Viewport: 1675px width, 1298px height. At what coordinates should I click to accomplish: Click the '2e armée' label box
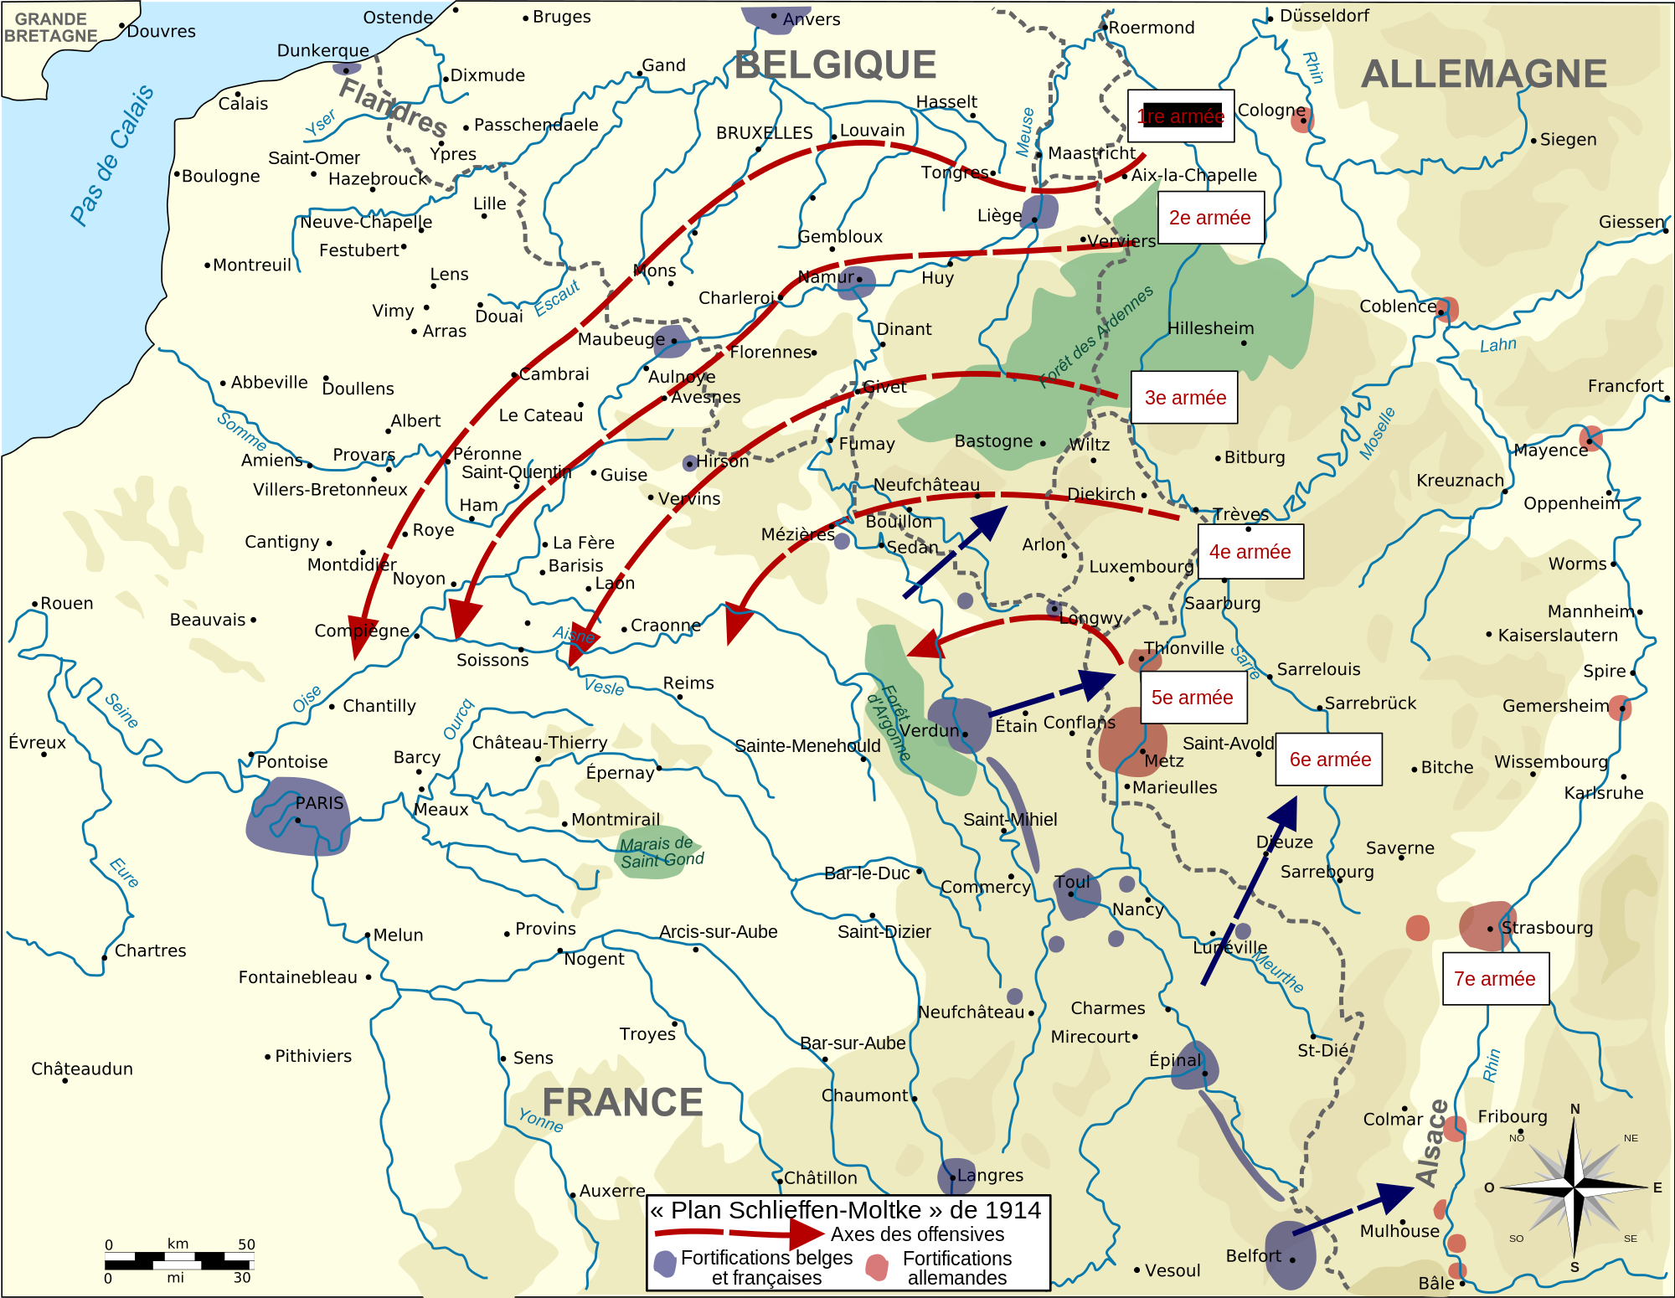coord(1210,218)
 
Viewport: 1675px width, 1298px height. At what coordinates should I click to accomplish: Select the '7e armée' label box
coord(1495,979)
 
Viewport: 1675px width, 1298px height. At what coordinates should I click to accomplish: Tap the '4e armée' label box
coord(1250,552)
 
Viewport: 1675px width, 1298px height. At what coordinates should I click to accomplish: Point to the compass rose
coord(1574,1187)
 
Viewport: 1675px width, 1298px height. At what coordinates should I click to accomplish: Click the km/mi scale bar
coord(178,1260)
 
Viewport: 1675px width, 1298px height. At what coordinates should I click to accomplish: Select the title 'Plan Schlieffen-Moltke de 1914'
coord(846,1210)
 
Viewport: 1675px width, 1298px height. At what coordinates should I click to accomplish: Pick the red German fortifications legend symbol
coord(877,1267)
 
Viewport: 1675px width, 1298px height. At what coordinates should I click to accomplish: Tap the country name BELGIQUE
coord(835,65)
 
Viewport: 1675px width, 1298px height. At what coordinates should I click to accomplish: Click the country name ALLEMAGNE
coord(1483,75)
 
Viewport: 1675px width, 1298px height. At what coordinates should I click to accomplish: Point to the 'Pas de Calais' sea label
coord(112,155)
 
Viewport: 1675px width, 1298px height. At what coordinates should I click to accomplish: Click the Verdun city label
coord(930,730)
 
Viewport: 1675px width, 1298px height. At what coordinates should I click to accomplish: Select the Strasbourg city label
coord(1546,928)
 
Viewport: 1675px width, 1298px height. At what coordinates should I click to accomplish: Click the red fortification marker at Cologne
coord(1301,121)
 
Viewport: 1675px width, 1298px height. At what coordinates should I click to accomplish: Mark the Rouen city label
coord(66,604)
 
